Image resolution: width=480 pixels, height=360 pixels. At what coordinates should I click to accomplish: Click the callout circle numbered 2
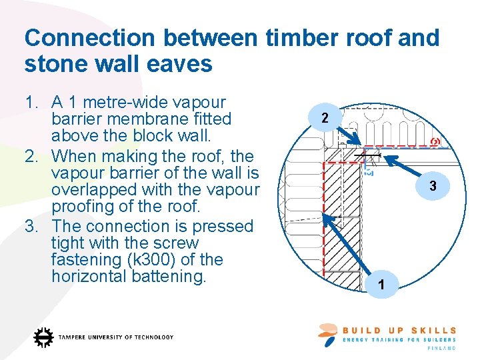click(x=324, y=119)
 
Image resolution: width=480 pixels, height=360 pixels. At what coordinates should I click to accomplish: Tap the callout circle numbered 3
click(x=433, y=187)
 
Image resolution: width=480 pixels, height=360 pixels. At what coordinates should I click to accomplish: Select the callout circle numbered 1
click(x=380, y=285)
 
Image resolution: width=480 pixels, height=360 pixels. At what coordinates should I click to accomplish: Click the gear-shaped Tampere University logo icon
click(x=44, y=337)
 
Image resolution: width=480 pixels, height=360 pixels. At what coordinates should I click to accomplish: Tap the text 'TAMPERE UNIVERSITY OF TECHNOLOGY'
click(x=116, y=337)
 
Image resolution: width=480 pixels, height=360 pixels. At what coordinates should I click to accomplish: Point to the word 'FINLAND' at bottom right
click(x=442, y=348)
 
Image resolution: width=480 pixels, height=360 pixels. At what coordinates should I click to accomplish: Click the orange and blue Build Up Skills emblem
click(x=329, y=334)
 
